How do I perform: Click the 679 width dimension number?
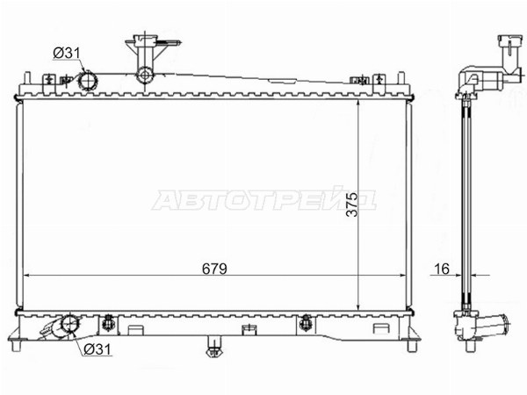click(214, 269)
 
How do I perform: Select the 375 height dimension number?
click(352, 205)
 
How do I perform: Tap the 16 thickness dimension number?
click(442, 269)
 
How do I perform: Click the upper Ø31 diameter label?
click(67, 53)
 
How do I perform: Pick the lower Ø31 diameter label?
click(97, 349)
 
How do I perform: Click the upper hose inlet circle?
click(88, 81)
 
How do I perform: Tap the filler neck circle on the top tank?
click(145, 75)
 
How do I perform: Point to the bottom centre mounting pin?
click(213, 347)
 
